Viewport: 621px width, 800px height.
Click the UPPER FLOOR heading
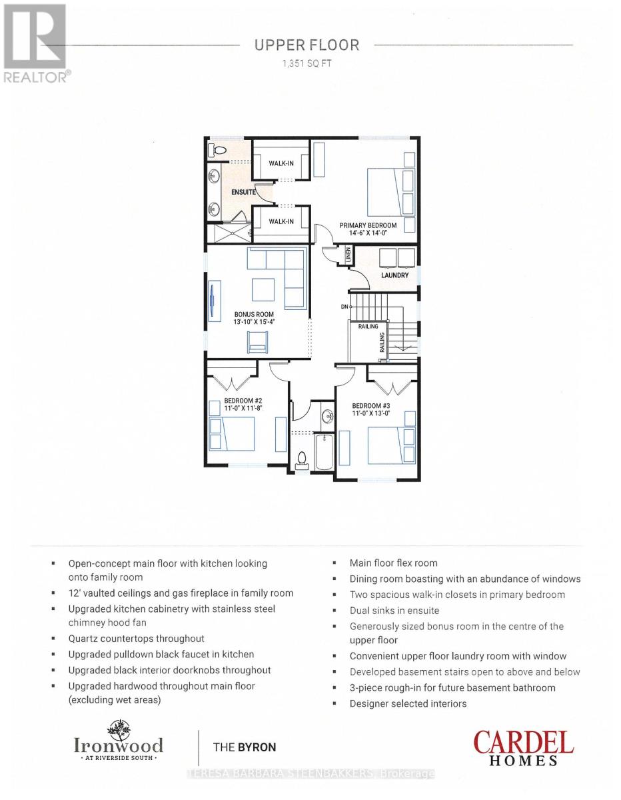(x=307, y=45)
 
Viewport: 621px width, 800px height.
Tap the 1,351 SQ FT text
(x=307, y=64)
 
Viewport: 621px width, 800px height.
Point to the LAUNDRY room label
(x=394, y=275)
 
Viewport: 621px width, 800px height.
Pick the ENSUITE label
(x=244, y=192)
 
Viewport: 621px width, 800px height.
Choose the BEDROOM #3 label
(x=371, y=409)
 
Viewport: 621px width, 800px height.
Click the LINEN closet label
(x=347, y=255)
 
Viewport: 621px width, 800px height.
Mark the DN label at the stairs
(x=344, y=307)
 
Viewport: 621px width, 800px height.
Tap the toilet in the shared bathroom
(x=301, y=459)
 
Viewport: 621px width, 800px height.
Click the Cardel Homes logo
(x=523, y=748)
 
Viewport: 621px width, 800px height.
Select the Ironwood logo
(x=118, y=741)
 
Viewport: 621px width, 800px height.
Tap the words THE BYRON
(x=240, y=747)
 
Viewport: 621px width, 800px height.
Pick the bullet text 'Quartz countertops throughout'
(x=136, y=639)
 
